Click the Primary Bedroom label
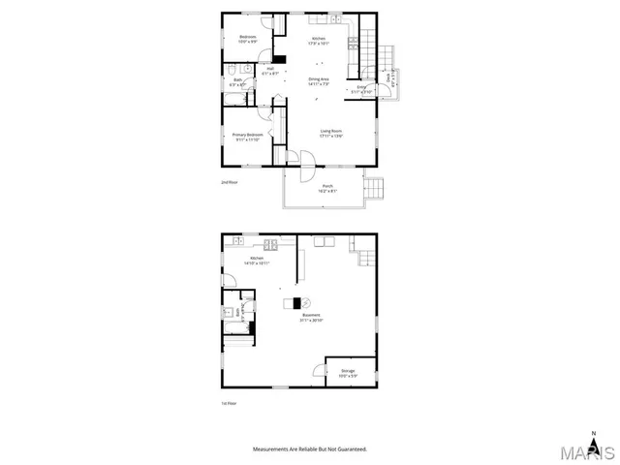tap(248, 137)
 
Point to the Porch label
tap(327, 190)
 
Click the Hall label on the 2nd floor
tap(271, 70)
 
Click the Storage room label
tap(347, 373)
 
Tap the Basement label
tap(311, 318)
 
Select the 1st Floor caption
tap(229, 403)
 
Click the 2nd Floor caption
tap(229, 181)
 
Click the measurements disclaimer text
tap(310, 449)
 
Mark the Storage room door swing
tap(319, 369)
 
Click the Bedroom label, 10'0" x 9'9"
tap(248, 40)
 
